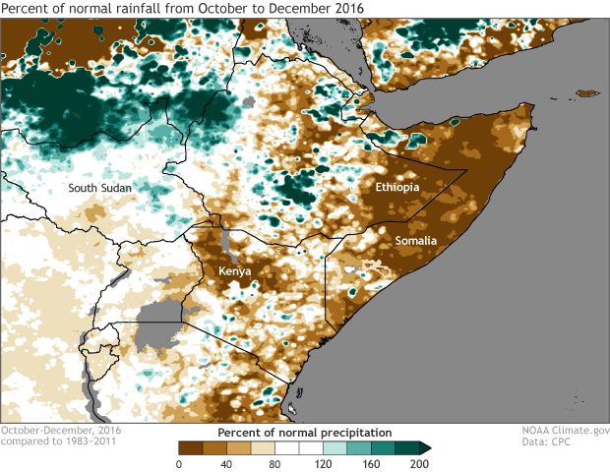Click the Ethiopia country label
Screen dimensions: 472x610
[397, 187]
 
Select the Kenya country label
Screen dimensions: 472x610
[235, 271]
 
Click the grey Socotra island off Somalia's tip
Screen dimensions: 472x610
[586, 93]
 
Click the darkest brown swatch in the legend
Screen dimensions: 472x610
[179, 448]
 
